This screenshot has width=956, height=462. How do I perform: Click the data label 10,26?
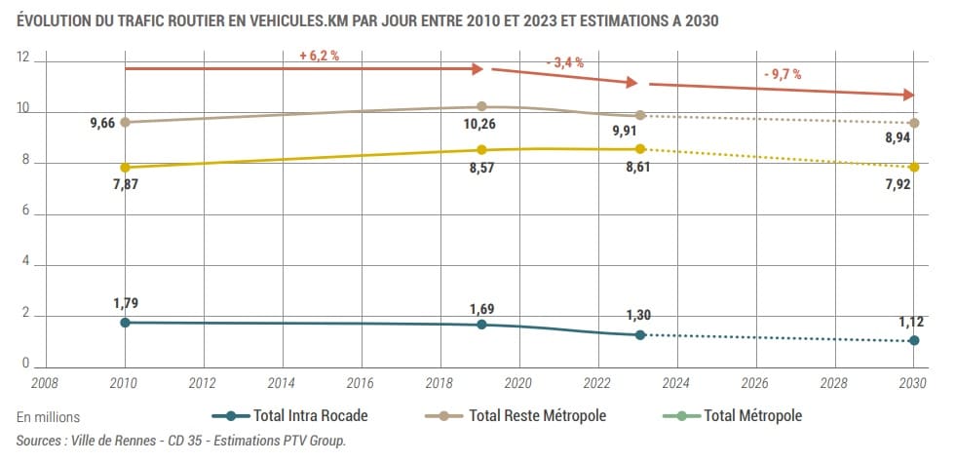pyautogui.click(x=480, y=125)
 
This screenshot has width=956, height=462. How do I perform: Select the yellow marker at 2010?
pyautogui.click(x=125, y=167)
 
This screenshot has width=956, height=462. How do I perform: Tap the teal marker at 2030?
pyautogui.click(x=914, y=340)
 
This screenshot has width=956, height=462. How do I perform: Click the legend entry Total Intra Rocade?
pyautogui.click(x=310, y=416)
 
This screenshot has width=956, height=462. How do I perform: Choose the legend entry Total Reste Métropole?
pyautogui.click(x=537, y=416)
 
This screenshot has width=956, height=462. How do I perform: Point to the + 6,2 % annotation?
pyautogui.click(x=319, y=57)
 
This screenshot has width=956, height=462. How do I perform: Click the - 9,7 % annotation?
pyautogui.click(x=782, y=74)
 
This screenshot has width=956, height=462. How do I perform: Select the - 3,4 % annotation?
pyautogui.click(x=564, y=62)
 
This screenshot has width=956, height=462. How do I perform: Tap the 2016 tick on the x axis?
pyautogui.click(x=361, y=384)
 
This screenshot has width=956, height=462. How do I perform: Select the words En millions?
pyautogui.click(x=49, y=417)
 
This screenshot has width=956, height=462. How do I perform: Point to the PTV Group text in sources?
pyautogui.click(x=313, y=441)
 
